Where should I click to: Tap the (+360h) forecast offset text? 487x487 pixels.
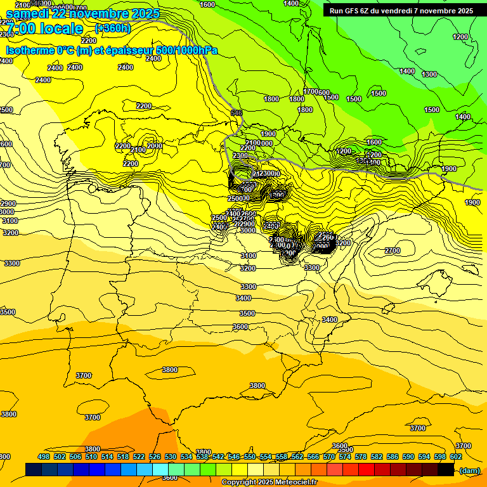coord(112,29)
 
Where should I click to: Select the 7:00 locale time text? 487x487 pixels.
coord(44,29)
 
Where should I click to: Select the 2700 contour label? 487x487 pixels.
coord(393,250)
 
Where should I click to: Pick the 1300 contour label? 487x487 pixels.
coord(429,74)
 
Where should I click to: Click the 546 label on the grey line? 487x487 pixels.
coord(237,113)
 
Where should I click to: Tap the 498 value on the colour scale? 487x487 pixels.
coord(44,457)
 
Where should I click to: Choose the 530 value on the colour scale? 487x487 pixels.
coord(171,457)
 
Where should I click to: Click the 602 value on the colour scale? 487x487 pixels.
coord(456,457)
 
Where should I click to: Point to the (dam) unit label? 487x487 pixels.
coord(469,470)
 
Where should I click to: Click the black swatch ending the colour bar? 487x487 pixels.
coord(446,470)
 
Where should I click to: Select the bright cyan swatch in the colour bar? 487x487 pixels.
coord(160,470)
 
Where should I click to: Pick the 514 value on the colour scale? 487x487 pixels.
coord(107,457)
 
